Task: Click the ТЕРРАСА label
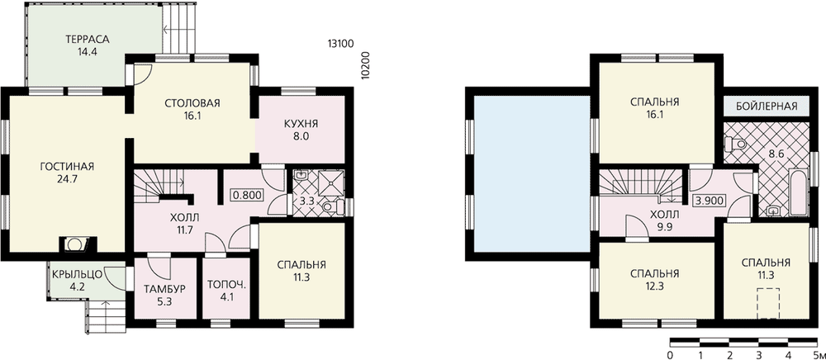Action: (x=87, y=40)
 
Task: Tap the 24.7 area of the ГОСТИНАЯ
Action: (x=66, y=179)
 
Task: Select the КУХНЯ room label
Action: (x=301, y=124)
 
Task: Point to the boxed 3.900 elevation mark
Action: (x=712, y=201)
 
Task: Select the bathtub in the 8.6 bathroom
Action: (x=799, y=192)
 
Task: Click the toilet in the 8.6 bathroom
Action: (x=735, y=143)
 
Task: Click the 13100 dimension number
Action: (x=340, y=44)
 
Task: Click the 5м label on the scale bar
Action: (x=817, y=353)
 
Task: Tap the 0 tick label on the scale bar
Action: (x=670, y=353)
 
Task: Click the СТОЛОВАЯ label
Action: (x=192, y=102)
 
